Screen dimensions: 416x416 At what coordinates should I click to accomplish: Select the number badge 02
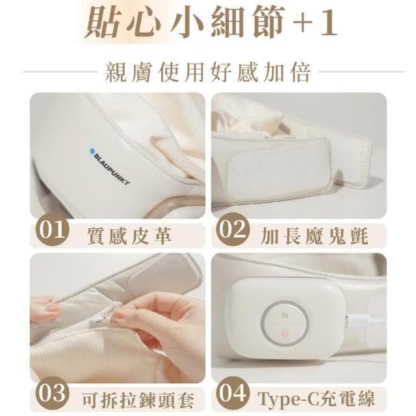pyautogui.click(x=231, y=232)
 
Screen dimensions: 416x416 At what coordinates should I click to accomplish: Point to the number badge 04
pyautogui.click(x=231, y=393)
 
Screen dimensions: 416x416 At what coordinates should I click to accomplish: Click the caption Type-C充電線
pyautogui.click(x=317, y=396)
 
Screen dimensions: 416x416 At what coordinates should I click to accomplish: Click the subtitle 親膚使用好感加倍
pyautogui.click(x=207, y=70)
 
